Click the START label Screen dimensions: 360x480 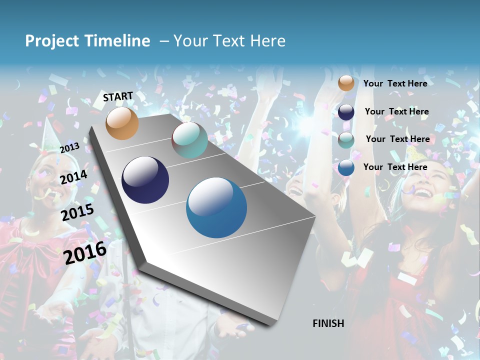tap(118, 96)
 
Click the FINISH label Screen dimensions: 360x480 tap(328, 323)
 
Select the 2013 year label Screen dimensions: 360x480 tap(69, 147)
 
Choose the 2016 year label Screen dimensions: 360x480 tap(85, 252)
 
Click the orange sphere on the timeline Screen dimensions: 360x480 tap(122, 123)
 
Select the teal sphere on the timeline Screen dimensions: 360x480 tap(189, 140)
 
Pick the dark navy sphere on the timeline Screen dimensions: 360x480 tap(145, 180)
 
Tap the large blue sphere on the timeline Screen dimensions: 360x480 tap(216, 207)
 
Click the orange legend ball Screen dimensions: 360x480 tap(346, 83)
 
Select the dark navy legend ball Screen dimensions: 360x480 tap(346, 112)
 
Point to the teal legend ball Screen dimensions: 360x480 tap(346, 140)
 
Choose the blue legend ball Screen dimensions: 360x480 tap(346, 167)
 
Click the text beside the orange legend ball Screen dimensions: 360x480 tap(395, 83)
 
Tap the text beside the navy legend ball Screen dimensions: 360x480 tap(396, 111)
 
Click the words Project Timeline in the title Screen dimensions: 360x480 tap(87, 41)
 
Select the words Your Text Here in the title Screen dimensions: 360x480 tap(229, 41)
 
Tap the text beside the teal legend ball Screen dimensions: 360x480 tap(397, 139)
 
